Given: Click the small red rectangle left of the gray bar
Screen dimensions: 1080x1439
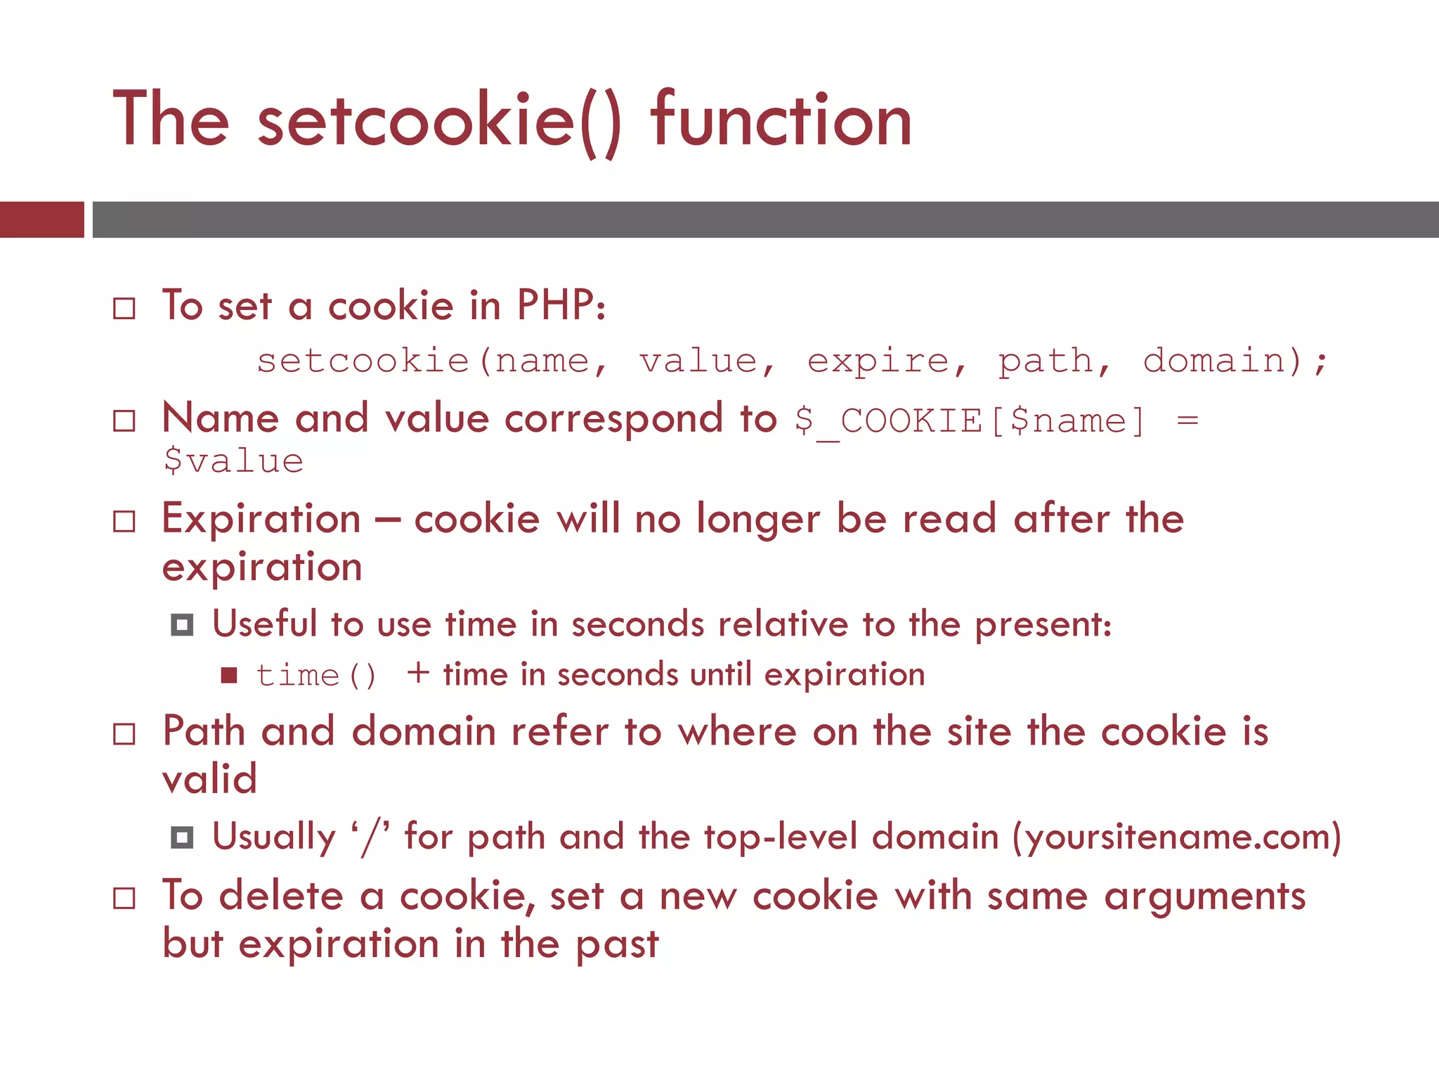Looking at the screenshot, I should tap(41, 219).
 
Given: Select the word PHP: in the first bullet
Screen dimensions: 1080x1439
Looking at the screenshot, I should tap(561, 307).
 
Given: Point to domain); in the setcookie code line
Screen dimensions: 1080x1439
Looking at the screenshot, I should tap(1235, 361).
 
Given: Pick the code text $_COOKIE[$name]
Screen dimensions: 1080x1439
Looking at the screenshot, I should tap(970, 421).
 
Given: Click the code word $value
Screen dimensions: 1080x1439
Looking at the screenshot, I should tap(233, 462).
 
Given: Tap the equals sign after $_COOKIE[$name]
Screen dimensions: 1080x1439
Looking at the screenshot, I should tap(1187, 421).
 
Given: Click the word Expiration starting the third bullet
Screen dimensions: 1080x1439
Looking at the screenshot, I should tap(261, 519).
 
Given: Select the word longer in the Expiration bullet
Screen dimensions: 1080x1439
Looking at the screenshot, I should tap(757, 520).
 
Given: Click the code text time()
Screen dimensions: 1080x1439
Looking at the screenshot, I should tap(316, 676).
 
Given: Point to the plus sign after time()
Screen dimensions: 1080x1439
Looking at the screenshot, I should tap(418, 673).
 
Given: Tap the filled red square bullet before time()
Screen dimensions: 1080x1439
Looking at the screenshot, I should tap(229, 676).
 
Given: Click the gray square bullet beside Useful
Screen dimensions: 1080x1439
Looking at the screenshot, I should tap(182, 624).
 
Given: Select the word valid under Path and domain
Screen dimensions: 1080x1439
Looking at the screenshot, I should tap(209, 779).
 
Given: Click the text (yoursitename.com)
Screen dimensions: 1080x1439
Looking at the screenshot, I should tap(1176, 837).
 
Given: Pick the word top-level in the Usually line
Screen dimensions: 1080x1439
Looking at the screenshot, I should tap(781, 837).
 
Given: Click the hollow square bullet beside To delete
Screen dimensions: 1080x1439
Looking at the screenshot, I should tap(124, 898).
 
